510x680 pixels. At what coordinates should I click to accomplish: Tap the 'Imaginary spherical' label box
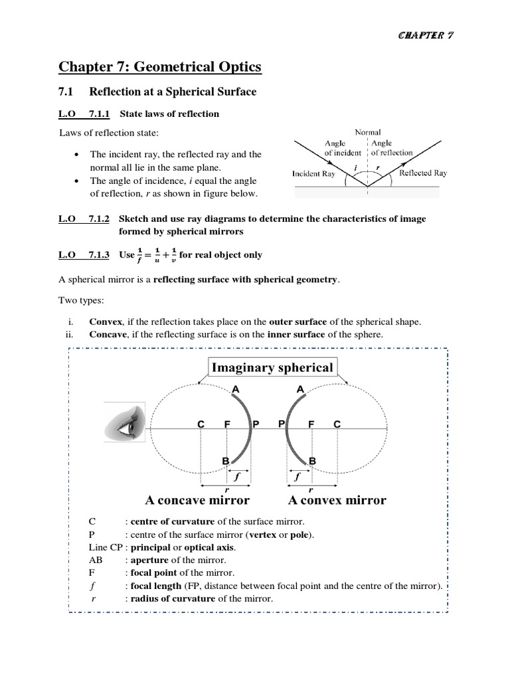pos(272,367)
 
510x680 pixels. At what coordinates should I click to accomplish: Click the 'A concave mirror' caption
pos(197,500)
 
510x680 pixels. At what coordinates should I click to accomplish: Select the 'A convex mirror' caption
pos(337,500)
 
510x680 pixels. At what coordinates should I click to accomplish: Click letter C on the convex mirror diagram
pos(336,424)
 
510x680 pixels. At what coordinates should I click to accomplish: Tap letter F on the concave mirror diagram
pos(227,424)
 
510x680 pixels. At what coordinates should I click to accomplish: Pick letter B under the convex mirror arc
pos(312,460)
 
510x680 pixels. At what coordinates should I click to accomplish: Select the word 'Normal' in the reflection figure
pos(367,132)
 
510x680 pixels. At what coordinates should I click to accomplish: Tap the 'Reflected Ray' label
pos(423,173)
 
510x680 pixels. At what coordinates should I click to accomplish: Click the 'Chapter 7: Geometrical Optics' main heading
pos(159,66)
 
